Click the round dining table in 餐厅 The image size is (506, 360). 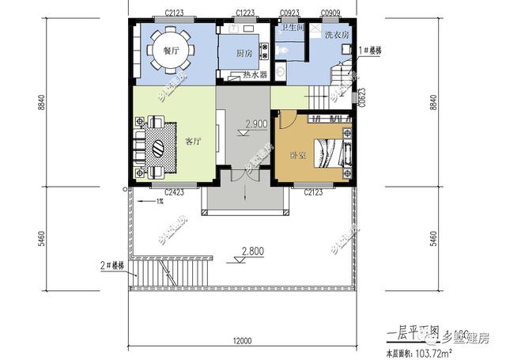point(168,47)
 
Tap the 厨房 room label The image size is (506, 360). point(245,53)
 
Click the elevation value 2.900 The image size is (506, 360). point(255,124)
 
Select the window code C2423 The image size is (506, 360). point(175,191)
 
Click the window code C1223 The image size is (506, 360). point(245,13)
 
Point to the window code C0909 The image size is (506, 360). point(331,13)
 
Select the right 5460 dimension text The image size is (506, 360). point(433,237)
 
